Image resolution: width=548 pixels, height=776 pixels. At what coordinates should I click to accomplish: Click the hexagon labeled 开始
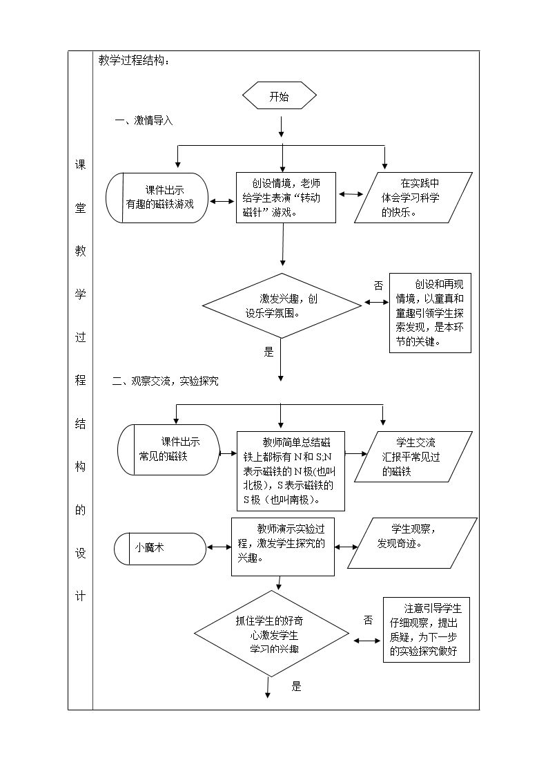pyautogui.click(x=280, y=97)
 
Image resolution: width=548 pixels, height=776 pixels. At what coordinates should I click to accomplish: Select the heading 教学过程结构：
pyautogui.click(x=134, y=61)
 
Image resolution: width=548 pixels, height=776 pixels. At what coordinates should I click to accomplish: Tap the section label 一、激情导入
pyautogui.click(x=144, y=121)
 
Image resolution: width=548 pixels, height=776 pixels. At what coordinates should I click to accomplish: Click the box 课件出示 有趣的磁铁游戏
pyautogui.click(x=157, y=198)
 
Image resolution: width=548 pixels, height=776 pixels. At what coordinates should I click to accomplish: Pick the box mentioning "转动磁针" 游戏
pyautogui.click(x=286, y=198)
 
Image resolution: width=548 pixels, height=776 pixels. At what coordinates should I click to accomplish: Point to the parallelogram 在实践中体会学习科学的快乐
pyautogui.click(x=413, y=198)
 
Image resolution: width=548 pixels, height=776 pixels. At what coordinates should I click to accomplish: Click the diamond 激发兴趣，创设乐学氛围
pyautogui.click(x=282, y=306)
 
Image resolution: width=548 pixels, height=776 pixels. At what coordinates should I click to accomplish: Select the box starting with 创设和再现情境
pyautogui.click(x=431, y=313)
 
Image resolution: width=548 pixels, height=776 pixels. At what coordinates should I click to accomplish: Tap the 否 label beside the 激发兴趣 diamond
pyautogui.click(x=378, y=285)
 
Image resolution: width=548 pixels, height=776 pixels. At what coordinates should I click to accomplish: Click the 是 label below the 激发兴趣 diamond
pyautogui.click(x=268, y=352)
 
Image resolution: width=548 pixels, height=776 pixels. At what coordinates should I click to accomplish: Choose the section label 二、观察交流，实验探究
pyautogui.click(x=165, y=381)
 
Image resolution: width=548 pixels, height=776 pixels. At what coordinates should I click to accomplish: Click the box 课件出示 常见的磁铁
pyautogui.click(x=168, y=450)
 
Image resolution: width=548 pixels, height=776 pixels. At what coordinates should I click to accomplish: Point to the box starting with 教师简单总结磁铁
pyautogui.click(x=291, y=471)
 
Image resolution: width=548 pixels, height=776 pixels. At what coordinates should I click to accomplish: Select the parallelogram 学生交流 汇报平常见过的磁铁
pyautogui.click(x=413, y=457)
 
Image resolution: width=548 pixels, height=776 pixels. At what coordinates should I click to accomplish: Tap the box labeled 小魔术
pyautogui.click(x=160, y=549)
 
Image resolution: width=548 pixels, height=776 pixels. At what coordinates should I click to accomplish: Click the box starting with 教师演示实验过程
pyautogui.click(x=283, y=547)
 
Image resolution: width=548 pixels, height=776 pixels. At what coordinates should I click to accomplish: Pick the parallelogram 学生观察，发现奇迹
pyautogui.click(x=413, y=542)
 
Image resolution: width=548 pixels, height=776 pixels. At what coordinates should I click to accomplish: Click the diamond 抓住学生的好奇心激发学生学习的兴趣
pyautogui.click(x=272, y=634)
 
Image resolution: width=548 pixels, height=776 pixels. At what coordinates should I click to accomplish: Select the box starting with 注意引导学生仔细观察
pyautogui.click(x=427, y=630)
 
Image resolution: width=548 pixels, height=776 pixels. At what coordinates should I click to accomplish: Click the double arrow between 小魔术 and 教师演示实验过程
pyautogui.click(x=219, y=547)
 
